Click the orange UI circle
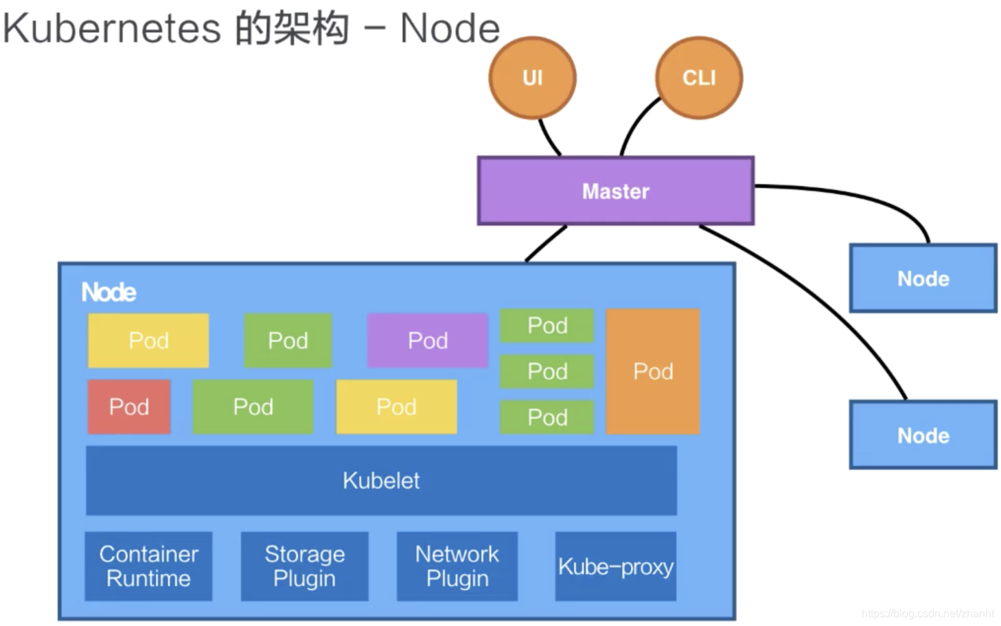(532, 78)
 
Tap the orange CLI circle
(699, 78)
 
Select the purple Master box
(615, 191)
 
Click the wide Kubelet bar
(381, 480)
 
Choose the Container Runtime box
(148, 566)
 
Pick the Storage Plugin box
(304, 566)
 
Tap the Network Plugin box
(457, 566)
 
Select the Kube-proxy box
(615, 566)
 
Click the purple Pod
(428, 340)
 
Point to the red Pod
(129, 406)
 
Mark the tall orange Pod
(653, 371)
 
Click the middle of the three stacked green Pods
(547, 371)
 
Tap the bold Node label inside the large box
(108, 292)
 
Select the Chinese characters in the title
(292, 29)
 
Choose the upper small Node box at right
(923, 279)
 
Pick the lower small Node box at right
(923, 435)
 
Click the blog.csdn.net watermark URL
(928, 613)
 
